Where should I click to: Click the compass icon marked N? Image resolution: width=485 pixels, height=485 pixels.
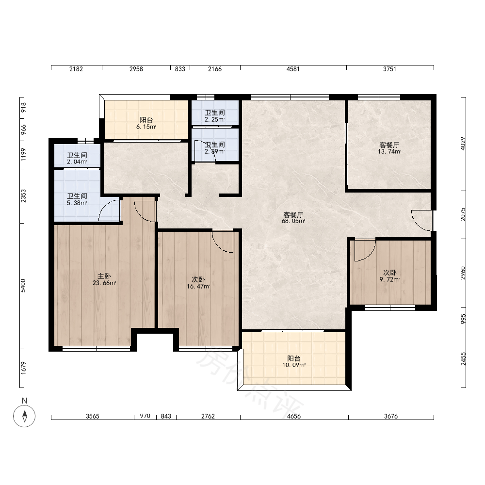pyautogui.click(x=24, y=416)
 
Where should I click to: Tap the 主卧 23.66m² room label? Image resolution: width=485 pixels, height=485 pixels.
pyautogui.click(x=104, y=279)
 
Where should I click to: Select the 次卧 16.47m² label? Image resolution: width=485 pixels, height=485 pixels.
pyautogui.click(x=198, y=283)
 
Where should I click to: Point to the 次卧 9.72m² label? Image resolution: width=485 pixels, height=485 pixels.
pyautogui.click(x=390, y=276)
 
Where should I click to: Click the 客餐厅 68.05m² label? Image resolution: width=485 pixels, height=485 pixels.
pyautogui.click(x=293, y=217)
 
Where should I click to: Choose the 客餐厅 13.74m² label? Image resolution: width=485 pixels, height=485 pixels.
pyautogui.click(x=389, y=148)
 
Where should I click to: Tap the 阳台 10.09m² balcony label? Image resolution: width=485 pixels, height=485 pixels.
pyautogui.click(x=294, y=362)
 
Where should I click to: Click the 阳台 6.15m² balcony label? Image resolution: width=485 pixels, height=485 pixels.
pyautogui.click(x=146, y=123)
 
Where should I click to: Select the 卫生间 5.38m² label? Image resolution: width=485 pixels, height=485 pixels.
pyautogui.click(x=77, y=199)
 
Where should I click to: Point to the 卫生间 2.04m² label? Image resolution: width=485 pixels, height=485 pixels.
pyautogui.click(x=77, y=158)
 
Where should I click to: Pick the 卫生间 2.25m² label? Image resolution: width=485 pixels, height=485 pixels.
pyautogui.click(x=215, y=116)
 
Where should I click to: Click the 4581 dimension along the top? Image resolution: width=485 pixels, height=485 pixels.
pyautogui.click(x=293, y=69)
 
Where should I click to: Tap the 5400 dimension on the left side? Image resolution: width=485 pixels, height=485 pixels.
pyautogui.click(x=23, y=286)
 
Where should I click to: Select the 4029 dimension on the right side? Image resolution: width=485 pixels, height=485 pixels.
pyautogui.click(x=463, y=144)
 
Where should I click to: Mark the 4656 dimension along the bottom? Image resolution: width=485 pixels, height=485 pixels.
pyautogui.click(x=293, y=416)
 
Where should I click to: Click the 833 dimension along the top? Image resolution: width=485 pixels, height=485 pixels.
pyautogui.click(x=180, y=69)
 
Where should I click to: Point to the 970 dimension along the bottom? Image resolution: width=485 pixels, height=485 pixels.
pyautogui.click(x=145, y=416)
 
